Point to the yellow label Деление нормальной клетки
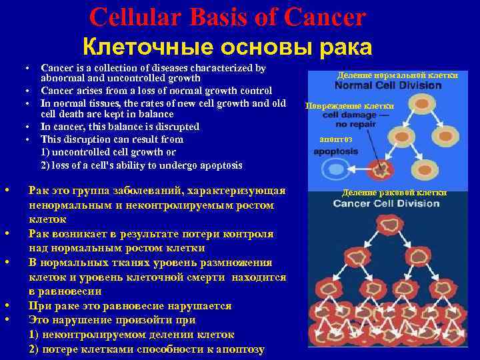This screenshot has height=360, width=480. (x=397, y=75)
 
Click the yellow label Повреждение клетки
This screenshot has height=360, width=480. (x=349, y=105)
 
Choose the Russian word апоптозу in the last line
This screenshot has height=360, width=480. (x=239, y=349)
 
